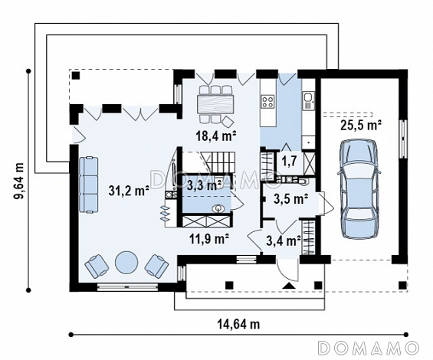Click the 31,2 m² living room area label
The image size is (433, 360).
click(x=129, y=191)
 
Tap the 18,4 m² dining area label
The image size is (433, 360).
click(x=216, y=136)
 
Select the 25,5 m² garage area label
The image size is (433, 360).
click(x=361, y=125)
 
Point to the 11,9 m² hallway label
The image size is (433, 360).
click(x=209, y=238)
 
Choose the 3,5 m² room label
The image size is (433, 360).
click(x=291, y=199)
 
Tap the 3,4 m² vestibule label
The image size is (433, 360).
click(x=284, y=241)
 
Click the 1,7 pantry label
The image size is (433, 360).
click(x=289, y=160)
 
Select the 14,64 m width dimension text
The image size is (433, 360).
click(x=238, y=324)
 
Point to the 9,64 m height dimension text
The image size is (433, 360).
click(x=20, y=181)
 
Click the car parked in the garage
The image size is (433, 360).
click(x=359, y=188)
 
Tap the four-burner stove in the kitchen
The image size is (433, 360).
click(x=268, y=101)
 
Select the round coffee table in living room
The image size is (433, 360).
click(x=126, y=262)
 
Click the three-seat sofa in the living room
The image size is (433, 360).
click(x=88, y=185)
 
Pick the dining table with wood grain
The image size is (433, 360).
click(x=215, y=104)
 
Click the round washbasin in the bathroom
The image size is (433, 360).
click(x=218, y=208)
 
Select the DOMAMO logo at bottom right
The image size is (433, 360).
click(x=368, y=347)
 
